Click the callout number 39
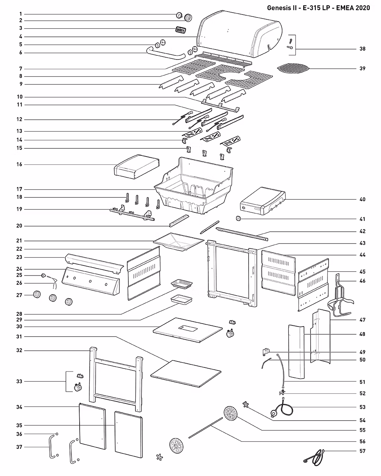(x=362, y=68)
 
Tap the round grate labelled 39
(x=293, y=68)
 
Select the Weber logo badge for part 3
(x=181, y=30)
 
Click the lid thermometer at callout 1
(x=179, y=15)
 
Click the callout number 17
(x=19, y=189)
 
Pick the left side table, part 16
(x=137, y=167)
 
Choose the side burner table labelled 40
(x=263, y=201)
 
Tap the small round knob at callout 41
(x=238, y=219)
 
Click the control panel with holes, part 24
(x=91, y=281)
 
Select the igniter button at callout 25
(x=44, y=276)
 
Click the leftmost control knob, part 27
(x=37, y=295)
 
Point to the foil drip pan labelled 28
(x=182, y=284)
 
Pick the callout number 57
(x=362, y=451)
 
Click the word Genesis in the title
(x=278, y=8)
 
